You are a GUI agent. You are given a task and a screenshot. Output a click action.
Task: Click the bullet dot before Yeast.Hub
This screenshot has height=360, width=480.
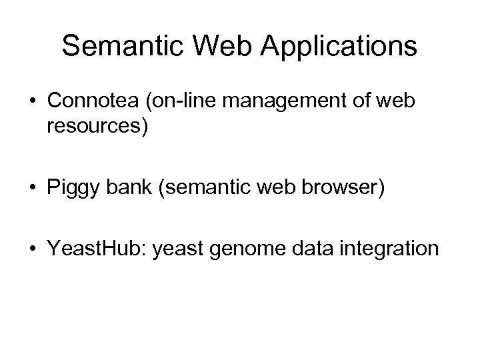[31, 249]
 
